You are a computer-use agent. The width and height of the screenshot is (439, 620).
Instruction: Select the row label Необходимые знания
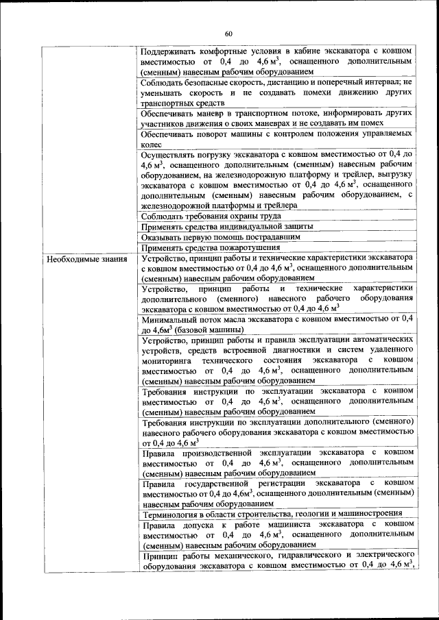(78, 259)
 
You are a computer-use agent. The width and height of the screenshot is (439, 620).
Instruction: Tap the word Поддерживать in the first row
(168, 51)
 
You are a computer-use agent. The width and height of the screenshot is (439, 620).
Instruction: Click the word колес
(152, 145)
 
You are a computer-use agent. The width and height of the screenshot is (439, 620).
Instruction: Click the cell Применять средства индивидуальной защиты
(227, 226)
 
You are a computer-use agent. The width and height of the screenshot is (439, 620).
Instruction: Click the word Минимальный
(171, 319)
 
